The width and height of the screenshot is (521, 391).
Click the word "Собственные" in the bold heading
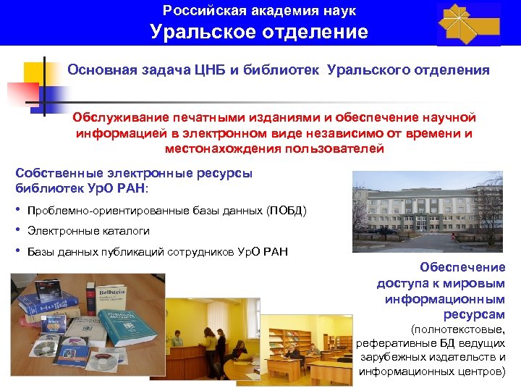point(54,173)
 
